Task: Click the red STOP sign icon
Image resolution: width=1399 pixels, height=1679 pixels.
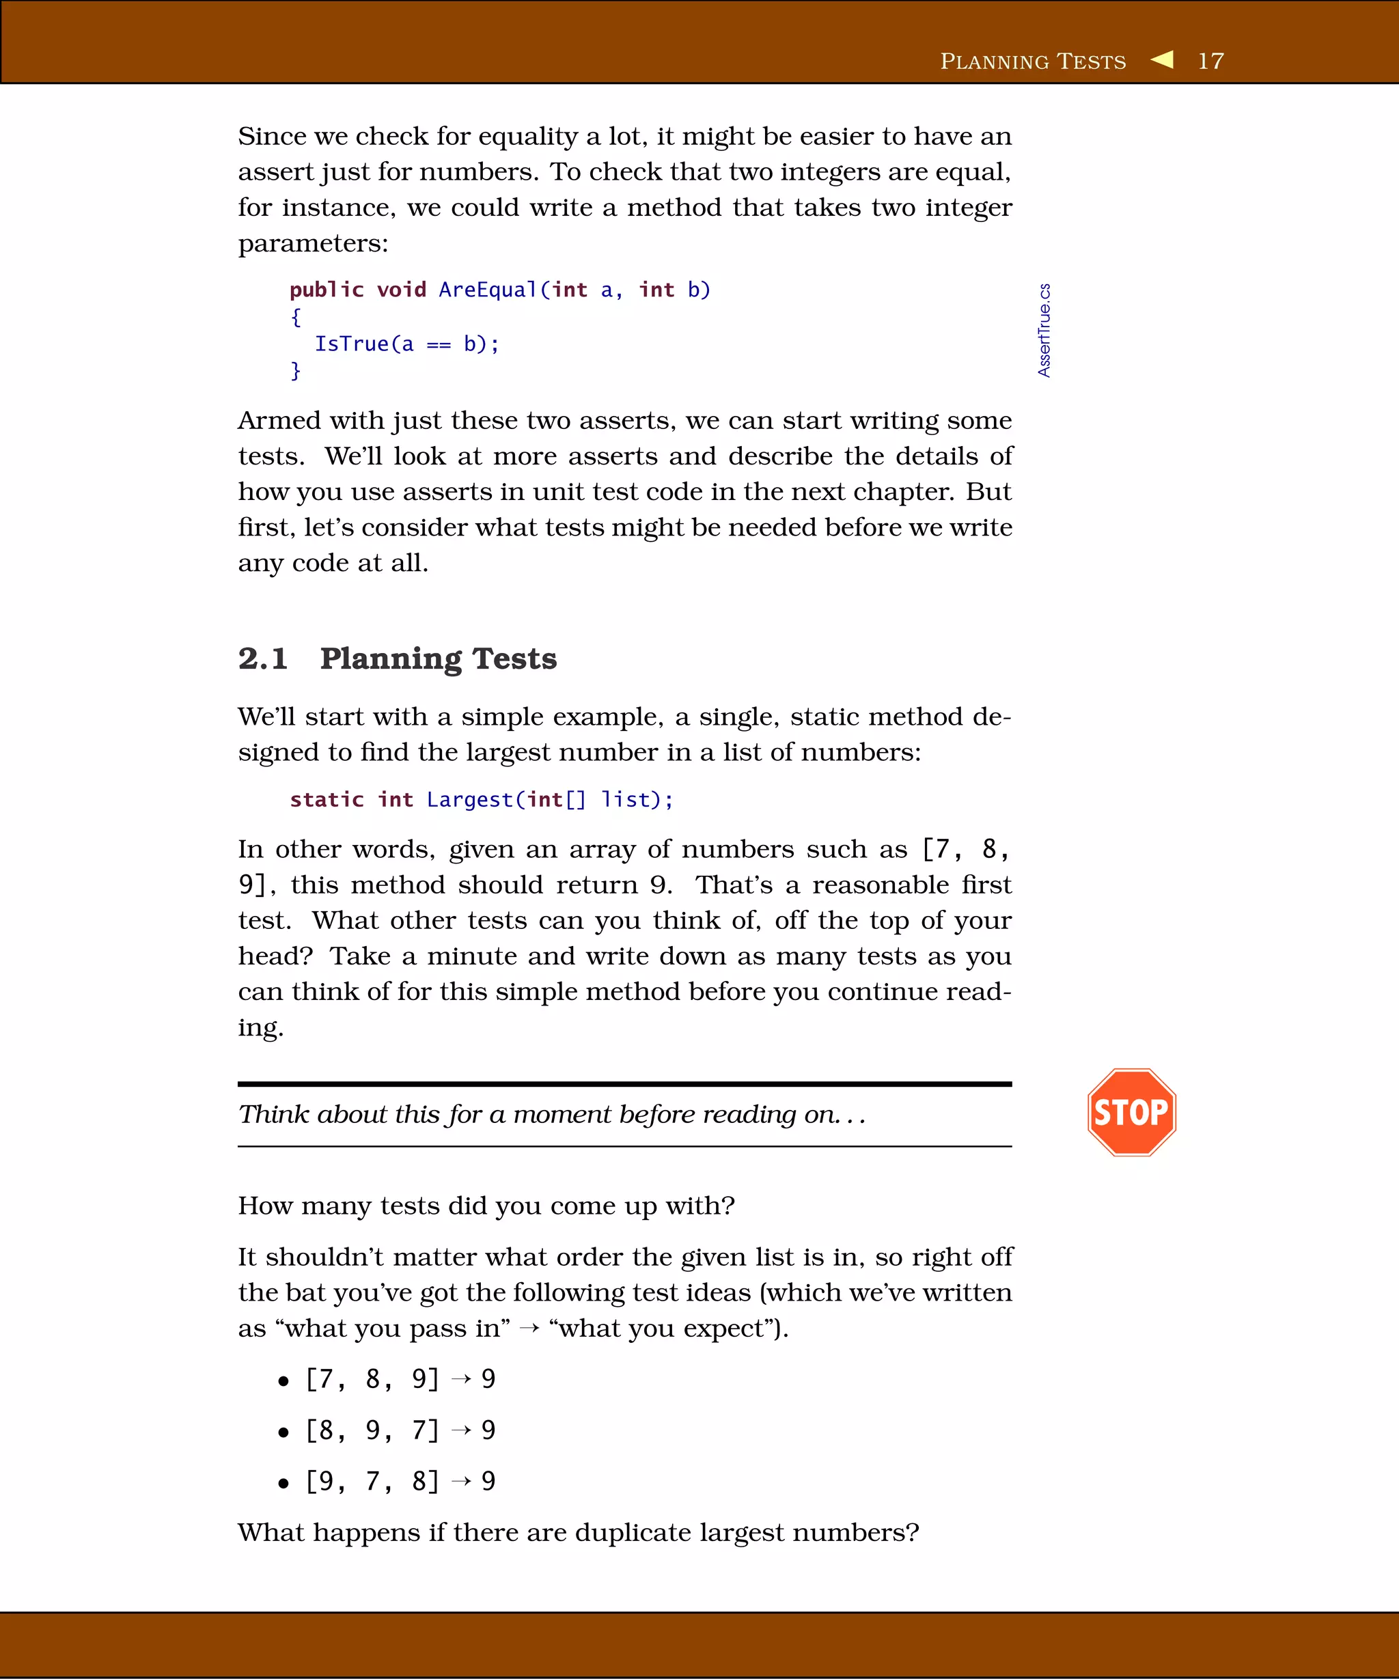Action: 1131,1112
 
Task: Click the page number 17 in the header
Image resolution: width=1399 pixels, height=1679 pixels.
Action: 1210,61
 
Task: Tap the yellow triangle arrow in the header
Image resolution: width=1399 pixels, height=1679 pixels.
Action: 1163,59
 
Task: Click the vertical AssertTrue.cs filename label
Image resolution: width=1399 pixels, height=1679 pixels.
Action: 1044,329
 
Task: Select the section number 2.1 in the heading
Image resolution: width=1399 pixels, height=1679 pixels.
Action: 262,658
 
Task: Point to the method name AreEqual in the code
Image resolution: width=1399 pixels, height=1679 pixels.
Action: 488,290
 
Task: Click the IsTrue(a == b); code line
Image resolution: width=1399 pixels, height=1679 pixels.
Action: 406,344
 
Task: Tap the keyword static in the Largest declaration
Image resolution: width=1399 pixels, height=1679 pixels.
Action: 326,799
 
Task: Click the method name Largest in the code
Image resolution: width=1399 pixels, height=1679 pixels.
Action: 469,799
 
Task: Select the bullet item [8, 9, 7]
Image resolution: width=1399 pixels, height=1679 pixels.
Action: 372,1430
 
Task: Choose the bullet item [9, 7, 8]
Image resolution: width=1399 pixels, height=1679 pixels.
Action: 372,1482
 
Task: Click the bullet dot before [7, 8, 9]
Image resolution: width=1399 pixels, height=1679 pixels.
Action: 283,1380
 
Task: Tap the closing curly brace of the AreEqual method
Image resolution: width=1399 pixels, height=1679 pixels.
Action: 295,371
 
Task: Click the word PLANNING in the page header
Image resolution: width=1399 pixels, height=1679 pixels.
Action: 994,61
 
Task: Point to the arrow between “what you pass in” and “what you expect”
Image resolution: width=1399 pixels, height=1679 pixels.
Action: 529,1329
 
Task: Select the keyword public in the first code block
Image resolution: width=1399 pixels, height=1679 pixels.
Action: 326,290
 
